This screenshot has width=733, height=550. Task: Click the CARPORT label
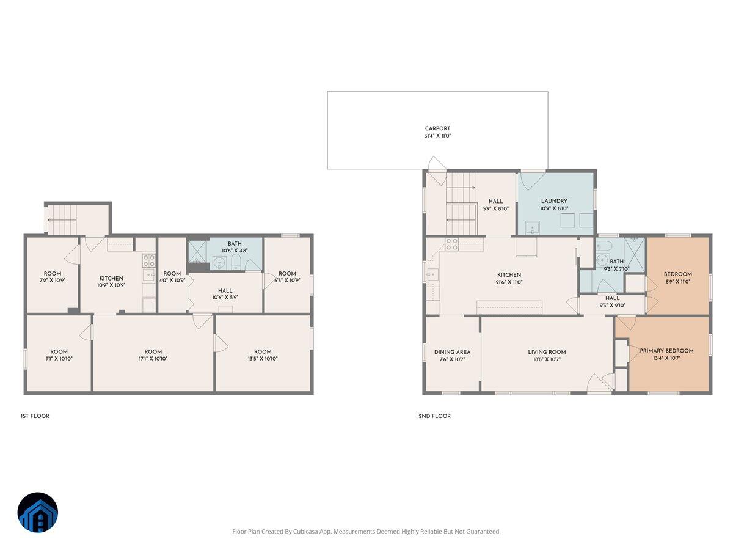pos(437,128)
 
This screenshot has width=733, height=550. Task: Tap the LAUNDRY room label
pos(554,201)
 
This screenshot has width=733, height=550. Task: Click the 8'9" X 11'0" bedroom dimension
pos(678,282)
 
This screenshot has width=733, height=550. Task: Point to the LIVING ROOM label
pos(547,352)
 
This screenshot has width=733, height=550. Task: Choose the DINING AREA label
pos(452,352)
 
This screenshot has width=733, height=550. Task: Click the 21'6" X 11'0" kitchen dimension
pos(509,282)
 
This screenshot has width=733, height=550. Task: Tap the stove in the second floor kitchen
pos(451,244)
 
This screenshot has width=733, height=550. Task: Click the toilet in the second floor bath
pos(604,246)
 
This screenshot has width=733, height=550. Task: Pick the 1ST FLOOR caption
pos(35,416)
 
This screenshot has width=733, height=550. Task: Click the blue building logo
pos(37,513)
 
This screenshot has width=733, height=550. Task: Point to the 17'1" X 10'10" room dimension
pos(153,359)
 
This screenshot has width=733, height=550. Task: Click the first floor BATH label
pos(235,243)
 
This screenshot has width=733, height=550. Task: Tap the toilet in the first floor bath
pos(236,263)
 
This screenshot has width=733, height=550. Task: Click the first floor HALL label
pos(225,291)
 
